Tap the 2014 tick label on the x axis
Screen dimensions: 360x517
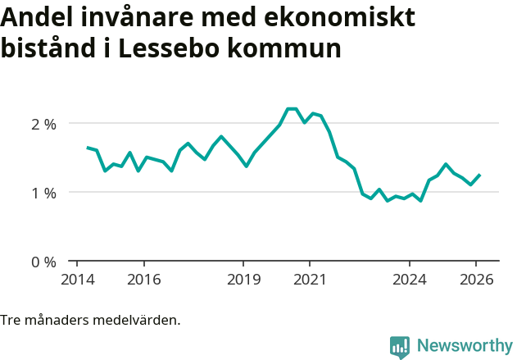click(77, 280)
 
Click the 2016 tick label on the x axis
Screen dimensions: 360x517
click(143, 280)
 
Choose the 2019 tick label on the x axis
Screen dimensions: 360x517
click(243, 280)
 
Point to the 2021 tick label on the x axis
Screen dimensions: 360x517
click(310, 280)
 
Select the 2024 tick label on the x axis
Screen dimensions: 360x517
click(410, 280)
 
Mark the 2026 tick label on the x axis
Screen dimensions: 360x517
click(476, 280)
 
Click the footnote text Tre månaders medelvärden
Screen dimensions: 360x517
click(90, 320)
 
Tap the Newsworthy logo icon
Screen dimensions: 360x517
click(400, 347)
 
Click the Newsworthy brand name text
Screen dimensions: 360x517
click(464, 346)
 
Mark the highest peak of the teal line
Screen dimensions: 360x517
click(292, 108)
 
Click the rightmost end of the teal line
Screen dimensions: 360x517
click(479, 175)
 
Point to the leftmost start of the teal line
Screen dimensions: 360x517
click(88, 148)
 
